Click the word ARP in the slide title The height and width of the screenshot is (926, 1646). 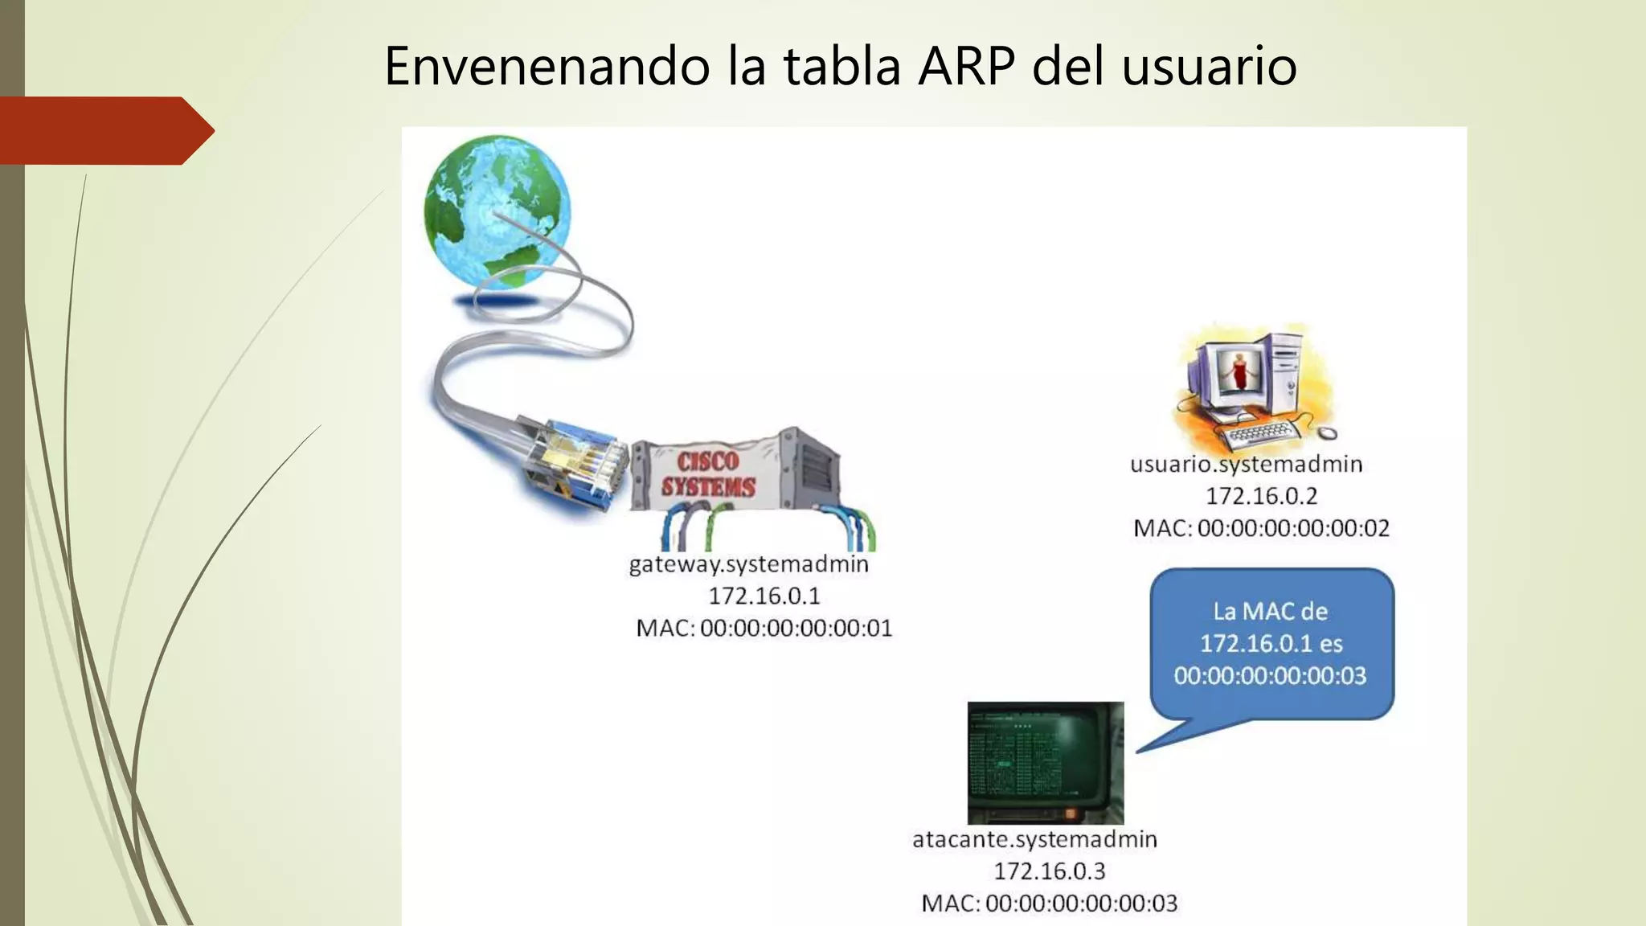[967, 66]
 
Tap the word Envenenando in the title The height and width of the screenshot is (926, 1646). [547, 66]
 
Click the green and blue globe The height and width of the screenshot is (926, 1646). [497, 211]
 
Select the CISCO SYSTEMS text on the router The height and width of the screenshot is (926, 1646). [708, 474]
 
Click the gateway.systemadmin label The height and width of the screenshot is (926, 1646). [748, 564]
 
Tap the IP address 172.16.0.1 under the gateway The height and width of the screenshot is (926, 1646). [764, 596]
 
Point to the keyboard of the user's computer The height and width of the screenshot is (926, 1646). [1262, 435]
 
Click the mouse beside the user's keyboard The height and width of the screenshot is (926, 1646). [1328, 433]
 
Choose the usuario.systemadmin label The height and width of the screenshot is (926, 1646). [1246, 465]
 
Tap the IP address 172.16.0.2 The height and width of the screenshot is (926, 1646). [1261, 497]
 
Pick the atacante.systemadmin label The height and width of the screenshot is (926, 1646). [1034, 840]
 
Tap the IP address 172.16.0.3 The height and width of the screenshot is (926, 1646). [1050, 871]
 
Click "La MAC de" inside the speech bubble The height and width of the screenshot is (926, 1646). [1270, 612]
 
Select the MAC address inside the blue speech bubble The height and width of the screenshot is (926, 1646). [1270, 676]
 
